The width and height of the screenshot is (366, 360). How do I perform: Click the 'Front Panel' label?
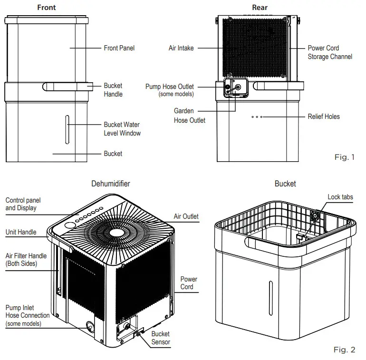point(119,48)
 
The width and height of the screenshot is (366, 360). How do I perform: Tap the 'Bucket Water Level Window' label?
point(122,129)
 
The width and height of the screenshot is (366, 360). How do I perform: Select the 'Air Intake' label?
point(181,48)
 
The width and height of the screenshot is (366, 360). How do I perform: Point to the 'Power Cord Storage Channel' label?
point(330,52)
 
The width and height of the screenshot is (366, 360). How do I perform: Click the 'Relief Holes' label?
point(324,117)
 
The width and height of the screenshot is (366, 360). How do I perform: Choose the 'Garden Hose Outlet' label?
point(189,116)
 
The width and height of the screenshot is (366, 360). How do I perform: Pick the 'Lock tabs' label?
point(340,197)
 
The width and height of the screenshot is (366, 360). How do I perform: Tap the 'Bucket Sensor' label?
point(161,338)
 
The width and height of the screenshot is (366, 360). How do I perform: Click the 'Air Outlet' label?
point(186,216)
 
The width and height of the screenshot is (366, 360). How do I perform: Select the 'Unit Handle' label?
point(21,233)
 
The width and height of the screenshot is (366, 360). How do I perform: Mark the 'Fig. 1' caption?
point(345,157)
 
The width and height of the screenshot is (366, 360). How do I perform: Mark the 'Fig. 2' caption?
point(345,350)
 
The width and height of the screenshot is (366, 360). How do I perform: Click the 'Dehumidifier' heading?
point(110,184)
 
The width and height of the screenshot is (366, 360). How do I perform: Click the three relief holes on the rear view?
point(257,117)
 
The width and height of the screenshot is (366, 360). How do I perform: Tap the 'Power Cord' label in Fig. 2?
point(188,283)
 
